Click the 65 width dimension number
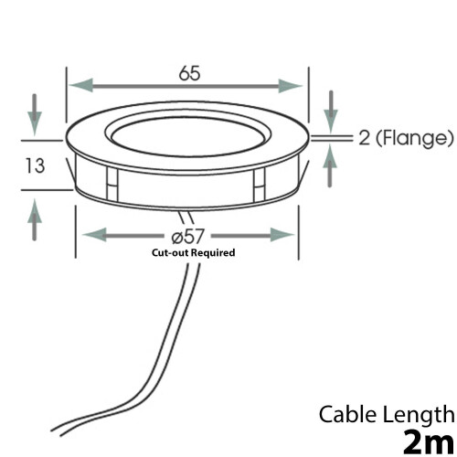189,73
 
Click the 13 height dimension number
35,165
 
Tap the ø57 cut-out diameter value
187,236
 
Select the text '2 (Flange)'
406,138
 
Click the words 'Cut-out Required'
194,252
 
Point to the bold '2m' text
429,442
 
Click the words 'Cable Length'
387,415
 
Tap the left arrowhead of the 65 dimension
81,85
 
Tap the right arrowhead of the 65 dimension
291,86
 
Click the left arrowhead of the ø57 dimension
94,235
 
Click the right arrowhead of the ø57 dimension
282,235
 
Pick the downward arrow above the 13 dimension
35,115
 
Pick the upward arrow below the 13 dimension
35,219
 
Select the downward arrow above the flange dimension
331,112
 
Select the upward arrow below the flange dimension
330,165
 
